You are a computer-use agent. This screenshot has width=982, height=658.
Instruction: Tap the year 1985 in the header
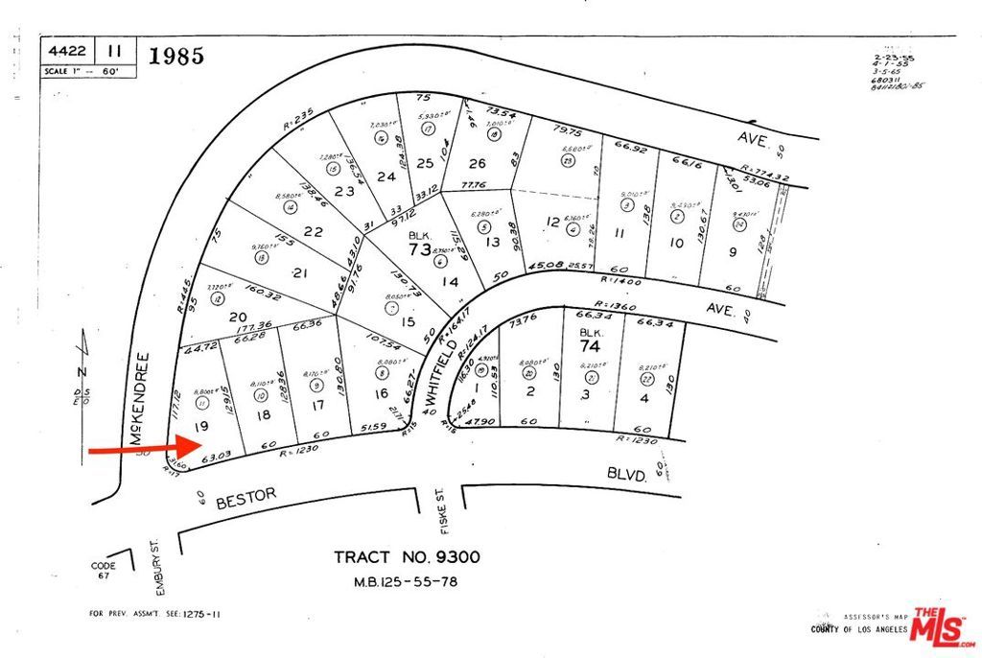pyautogui.click(x=176, y=56)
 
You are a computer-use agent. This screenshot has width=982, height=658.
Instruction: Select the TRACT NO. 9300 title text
pyautogui.click(x=407, y=557)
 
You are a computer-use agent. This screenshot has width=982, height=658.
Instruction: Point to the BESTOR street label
pyautogui.click(x=245, y=498)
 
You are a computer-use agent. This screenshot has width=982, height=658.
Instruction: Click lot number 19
pyautogui.click(x=201, y=425)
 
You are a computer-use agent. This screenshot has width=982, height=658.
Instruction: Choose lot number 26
pyautogui.click(x=477, y=163)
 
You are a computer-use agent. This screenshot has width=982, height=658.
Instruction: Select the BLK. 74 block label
pyautogui.click(x=589, y=341)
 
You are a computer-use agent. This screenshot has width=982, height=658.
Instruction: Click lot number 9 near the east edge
pyautogui.click(x=732, y=253)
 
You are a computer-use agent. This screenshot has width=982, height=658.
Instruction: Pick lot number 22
pyautogui.click(x=313, y=230)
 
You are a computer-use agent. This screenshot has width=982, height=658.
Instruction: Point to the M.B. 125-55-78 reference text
pyautogui.click(x=407, y=582)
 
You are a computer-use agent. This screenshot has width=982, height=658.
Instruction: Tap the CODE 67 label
pyautogui.click(x=104, y=572)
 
